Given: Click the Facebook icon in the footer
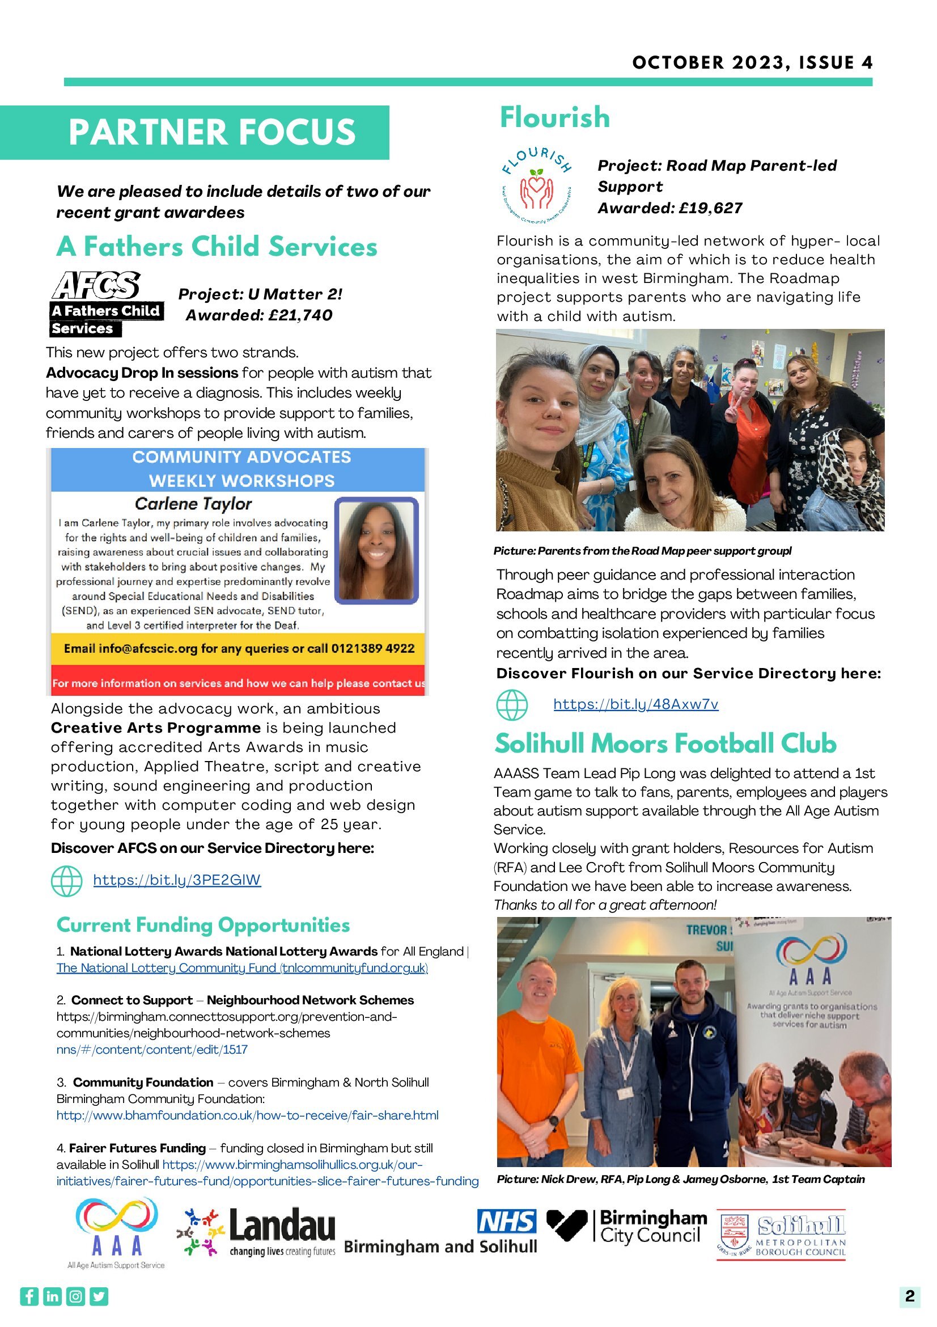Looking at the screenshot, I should point(29,1296).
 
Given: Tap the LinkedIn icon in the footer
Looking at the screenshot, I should point(53,1296).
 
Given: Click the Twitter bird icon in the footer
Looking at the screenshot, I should point(99,1296).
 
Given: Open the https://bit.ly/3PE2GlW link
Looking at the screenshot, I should point(177,880).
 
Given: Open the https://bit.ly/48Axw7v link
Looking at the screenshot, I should point(635,704).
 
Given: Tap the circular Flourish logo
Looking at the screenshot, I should point(537,186).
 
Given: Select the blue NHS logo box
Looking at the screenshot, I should point(507,1221).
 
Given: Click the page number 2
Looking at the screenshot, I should point(910,1296).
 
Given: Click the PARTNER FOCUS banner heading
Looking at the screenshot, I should point(211,132).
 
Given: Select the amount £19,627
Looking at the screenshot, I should point(711,208).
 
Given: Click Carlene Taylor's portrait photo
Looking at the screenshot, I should point(376,550).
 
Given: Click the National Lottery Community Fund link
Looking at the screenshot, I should point(242,967).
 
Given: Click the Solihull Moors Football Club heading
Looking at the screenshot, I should point(665,744).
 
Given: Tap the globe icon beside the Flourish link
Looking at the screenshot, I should point(512,705).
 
